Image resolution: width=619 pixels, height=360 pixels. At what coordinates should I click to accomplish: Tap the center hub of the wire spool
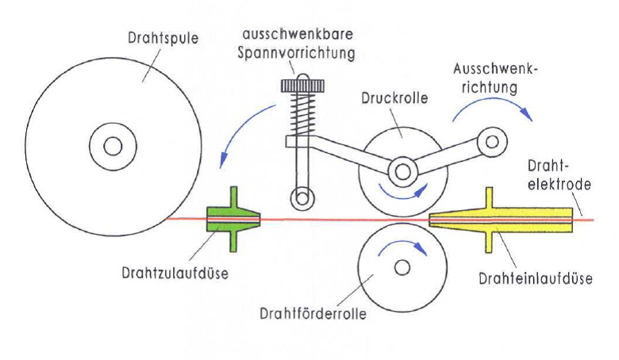tap(112, 146)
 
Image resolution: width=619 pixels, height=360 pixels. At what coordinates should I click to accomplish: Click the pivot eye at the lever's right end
tap(494, 144)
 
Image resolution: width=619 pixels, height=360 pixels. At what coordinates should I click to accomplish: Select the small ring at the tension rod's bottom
tap(299, 197)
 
